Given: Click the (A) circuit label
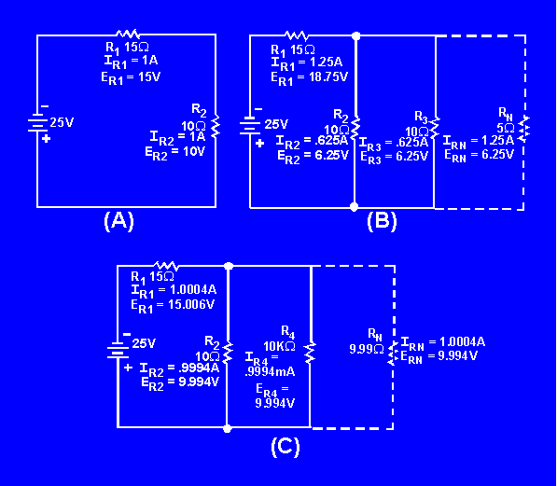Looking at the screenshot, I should coord(118,221).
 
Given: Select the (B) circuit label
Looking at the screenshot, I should coord(383,221).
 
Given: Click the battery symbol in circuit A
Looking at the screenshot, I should coord(37,121).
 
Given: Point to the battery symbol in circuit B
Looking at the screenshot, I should coord(250,123).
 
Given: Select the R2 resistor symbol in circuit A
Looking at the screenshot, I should coord(216,126).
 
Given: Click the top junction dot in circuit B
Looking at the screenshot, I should coord(355,35).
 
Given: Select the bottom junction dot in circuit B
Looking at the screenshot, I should coord(355,206).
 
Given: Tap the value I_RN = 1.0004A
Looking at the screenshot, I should coord(444,341).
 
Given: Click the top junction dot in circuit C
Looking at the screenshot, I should coord(229,266).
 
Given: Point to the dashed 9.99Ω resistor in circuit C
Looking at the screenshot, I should coord(394,350).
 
